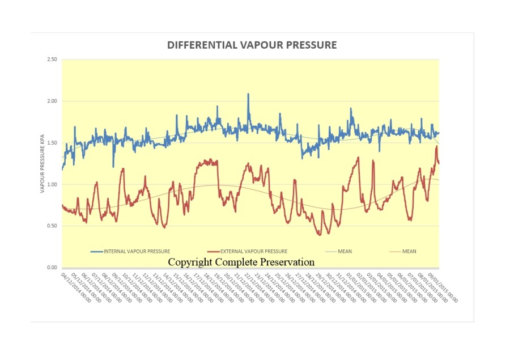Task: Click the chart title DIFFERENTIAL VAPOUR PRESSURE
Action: [x=252, y=45]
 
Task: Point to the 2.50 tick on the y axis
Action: [x=52, y=60]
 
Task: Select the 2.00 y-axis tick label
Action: [x=52, y=101]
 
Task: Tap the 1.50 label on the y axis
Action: [x=52, y=143]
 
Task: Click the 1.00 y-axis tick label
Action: [x=52, y=184]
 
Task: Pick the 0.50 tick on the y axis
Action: [x=52, y=226]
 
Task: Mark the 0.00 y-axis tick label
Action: [x=52, y=268]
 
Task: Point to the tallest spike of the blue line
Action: [x=248, y=95]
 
